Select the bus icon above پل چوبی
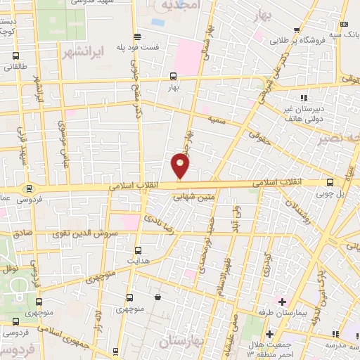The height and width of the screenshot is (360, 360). pos(330,182)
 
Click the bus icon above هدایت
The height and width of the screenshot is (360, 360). pos(137,250)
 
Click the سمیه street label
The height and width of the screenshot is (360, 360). pos(215,120)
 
